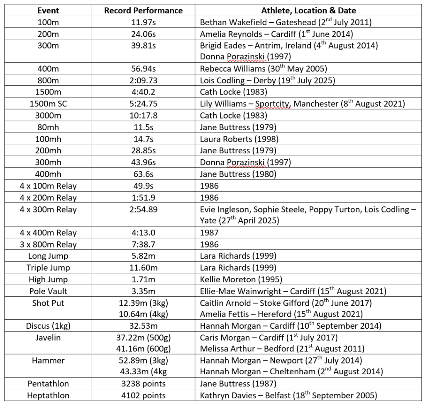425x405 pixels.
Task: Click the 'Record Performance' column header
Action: pyautogui.click(x=143, y=11)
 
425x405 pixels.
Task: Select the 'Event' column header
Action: pyautogui.click(x=48, y=11)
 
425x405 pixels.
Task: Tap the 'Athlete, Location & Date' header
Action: pyautogui.click(x=308, y=11)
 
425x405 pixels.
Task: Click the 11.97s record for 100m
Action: pyautogui.click(x=143, y=22)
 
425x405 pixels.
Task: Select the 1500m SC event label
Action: pyautogui.click(x=48, y=104)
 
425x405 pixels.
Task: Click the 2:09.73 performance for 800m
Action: pyautogui.click(x=143, y=80)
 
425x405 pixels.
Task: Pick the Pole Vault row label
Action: pyautogui.click(x=48, y=291)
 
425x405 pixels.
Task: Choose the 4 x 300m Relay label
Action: pyautogui.click(x=48, y=210)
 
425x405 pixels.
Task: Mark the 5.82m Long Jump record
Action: pyautogui.click(x=143, y=256)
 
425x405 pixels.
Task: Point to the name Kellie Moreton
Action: pyautogui.click(x=228, y=279)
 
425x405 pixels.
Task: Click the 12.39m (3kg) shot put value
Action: pyautogui.click(x=143, y=303)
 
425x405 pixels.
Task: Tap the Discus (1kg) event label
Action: pyautogui.click(x=48, y=326)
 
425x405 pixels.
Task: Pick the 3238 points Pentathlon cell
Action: pyautogui.click(x=143, y=384)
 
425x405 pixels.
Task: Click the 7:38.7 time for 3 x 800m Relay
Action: pyautogui.click(x=143, y=245)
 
